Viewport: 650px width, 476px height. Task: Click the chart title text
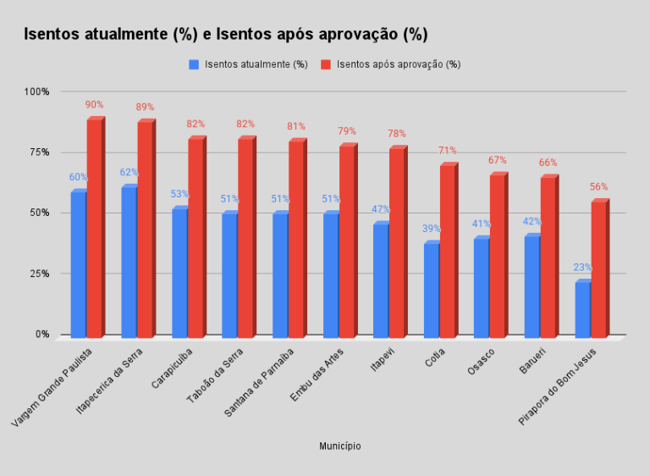tap(225, 35)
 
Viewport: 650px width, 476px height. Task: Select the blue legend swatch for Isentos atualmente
tap(194, 64)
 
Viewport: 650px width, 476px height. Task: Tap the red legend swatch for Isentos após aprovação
tap(325, 64)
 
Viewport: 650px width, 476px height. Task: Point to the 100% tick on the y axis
tap(37, 91)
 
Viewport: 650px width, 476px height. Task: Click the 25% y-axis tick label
tap(40, 274)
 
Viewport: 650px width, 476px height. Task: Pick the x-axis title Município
tap(339, 446)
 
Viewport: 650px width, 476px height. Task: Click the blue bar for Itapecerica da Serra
tap(129, 261)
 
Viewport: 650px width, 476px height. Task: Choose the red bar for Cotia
tap(446, 250)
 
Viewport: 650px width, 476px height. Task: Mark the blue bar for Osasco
tap(481, 286)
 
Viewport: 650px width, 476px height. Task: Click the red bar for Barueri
tap(548, 256)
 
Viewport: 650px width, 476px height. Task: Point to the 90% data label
tap(94, 105)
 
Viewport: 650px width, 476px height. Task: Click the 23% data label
tap(582, 268)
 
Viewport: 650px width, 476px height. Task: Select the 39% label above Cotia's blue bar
tap(431, 230)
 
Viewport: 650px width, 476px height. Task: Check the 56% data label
tap(598, 187)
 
